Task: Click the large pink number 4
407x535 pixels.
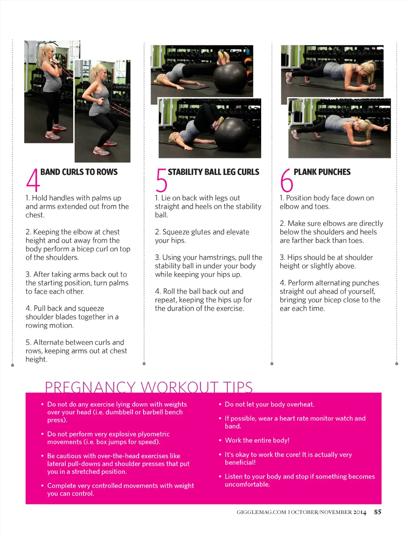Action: pyautogui.click(x=33, y=180)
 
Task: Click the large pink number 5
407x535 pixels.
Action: pyautogui.click(x=161, y=180)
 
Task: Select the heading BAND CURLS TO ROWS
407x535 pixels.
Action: pyautogui.click(x=79, y=172)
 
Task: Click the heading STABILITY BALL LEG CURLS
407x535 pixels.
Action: pyautogui.click(x=213, y=172)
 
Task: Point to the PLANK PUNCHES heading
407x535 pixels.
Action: pyautogui.click(x=322, y=172)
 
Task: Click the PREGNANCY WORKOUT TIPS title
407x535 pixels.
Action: pyautogui.click(x=149, y=387)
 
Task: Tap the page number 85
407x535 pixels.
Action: pyautogui.click(x=378, y=512)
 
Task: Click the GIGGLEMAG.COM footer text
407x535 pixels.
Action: pyautogui.click(x=261, y=512)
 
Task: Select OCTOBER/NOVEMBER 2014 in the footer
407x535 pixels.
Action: pyautogui.click(x=328, y=512)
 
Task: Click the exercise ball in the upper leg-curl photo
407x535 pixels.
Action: pyautogui.click(x=229, y=77)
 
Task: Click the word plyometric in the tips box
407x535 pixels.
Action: pyautogui.click(x=153, y=434)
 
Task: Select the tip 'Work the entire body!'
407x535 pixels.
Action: pyautogui.click(x=257, y=440)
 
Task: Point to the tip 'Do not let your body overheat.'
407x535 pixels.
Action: pyautogui.click(x=269, y=404)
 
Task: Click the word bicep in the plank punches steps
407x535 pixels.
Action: pyautogui.click(x=343, y=300)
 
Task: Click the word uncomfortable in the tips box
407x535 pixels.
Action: pyautogui.click(x=247, y=484)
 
